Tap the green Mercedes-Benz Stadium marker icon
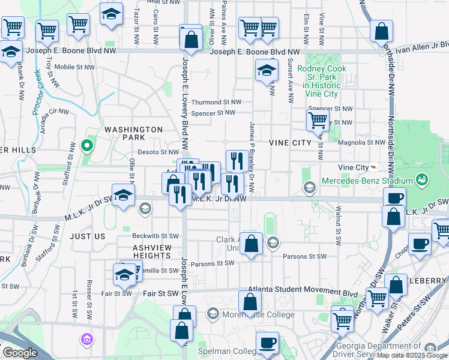click(x=421, y=180)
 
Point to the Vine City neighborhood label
click(x=291, y=142)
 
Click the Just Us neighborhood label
click(x=87, y=236)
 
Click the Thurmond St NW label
click(x=217, y=103)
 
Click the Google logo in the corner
click(x=20, y=353)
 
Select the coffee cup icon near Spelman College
click(x=267, y=343)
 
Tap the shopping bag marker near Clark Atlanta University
click(x=252, y=244)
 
